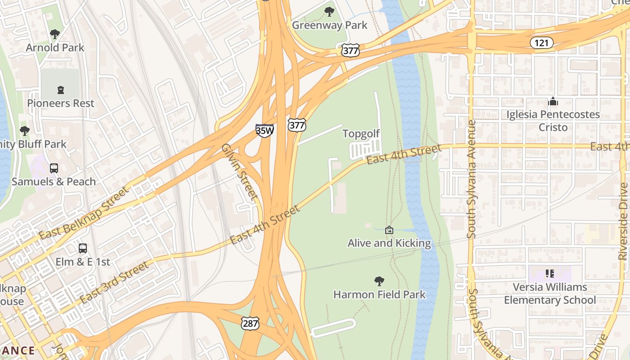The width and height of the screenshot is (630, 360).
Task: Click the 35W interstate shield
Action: click(x=265, y=130)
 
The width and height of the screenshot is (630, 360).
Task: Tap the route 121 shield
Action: click(x=541, y=43)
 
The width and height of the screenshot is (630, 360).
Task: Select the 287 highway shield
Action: click(x=250, y=322)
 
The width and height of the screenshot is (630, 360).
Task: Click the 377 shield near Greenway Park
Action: click(x=350, y=50)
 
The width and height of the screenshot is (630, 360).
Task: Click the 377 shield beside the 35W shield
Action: click(x=297, y=125)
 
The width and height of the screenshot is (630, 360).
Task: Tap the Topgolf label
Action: click(x=361, y=134)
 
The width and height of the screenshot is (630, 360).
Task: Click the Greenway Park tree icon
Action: click(x=329, y=12)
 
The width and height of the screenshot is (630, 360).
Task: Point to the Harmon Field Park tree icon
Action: click(x=379, y=281)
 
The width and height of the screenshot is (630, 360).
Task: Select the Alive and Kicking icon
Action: click(x=389, y=230)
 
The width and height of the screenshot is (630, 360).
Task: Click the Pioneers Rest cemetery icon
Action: click(x=61, y=90)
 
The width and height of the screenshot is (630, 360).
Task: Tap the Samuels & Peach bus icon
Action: click(x=54, y=168)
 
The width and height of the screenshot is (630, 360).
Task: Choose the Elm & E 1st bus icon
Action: click(x=83, y=248)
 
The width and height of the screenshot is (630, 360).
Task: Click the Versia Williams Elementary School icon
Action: click(x=549, y=273)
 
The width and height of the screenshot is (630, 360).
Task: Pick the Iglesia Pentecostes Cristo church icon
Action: click(x=553, y=102)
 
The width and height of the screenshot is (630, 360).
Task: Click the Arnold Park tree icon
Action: click(x=55, y=34)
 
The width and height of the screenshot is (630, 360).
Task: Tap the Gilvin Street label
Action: click(x=239, y=172)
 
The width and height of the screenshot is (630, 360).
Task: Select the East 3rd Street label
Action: click(x=114, y=283)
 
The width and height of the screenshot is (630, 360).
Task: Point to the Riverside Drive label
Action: click(x=623, y=220)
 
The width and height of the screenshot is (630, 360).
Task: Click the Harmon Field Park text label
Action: click(x=379, y=295)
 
